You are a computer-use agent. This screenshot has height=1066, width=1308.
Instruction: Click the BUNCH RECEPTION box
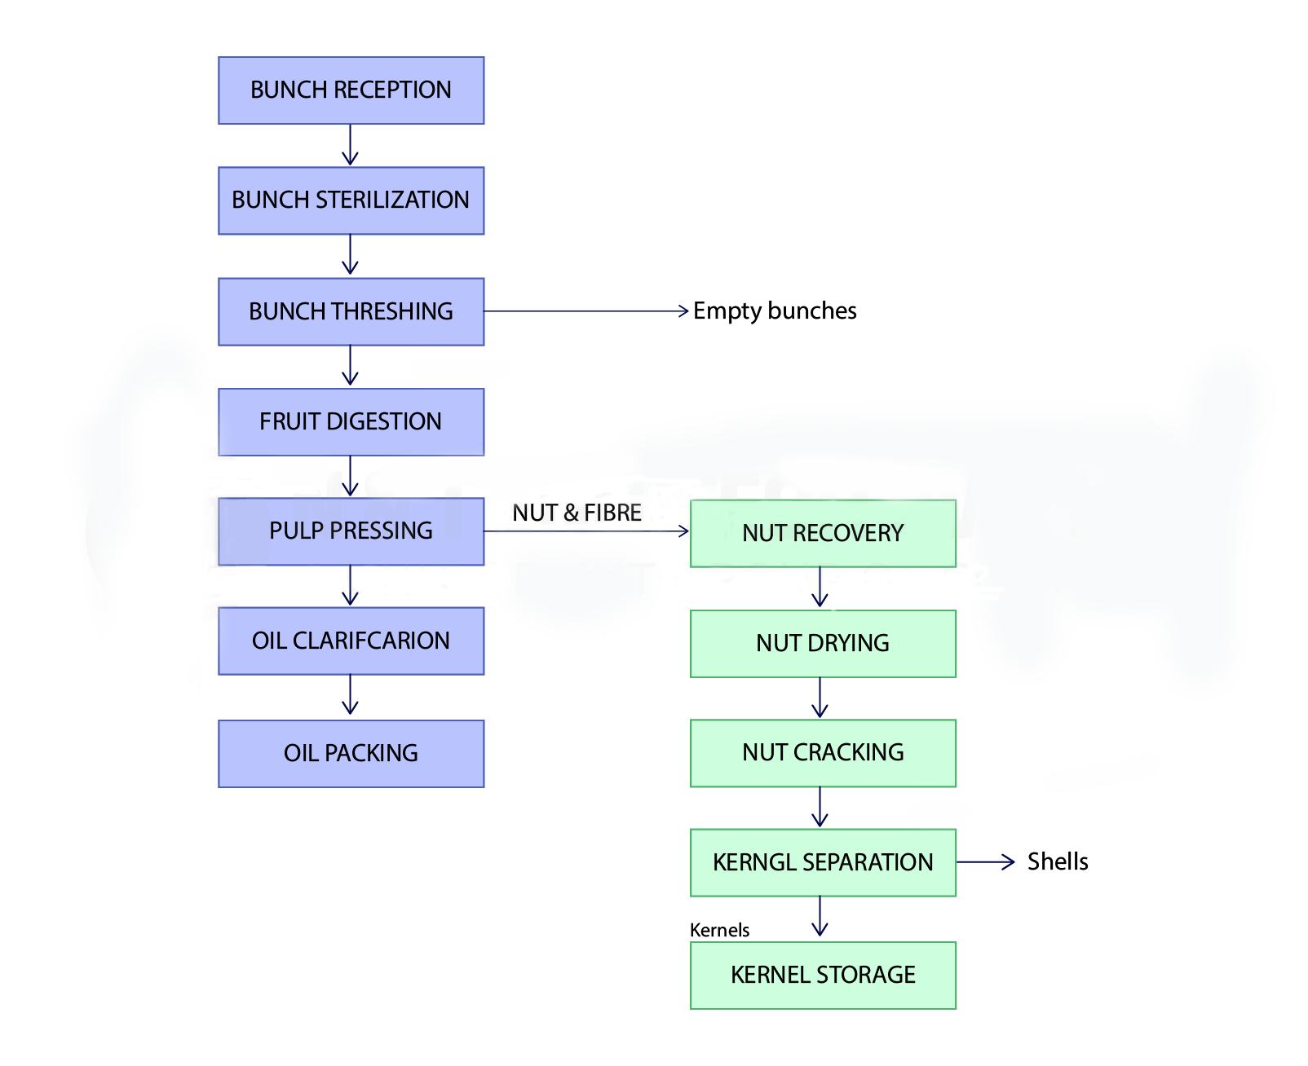pyautogui.click(x=351, y=90)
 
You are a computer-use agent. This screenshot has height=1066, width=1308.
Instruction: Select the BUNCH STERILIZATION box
pyautogui.click(x=351, y=200)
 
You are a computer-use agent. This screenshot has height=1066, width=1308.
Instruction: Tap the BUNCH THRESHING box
pyautogui.click(x=351, y=311)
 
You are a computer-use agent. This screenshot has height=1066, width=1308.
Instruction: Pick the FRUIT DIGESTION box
pyautogui.click(x=351, y=421)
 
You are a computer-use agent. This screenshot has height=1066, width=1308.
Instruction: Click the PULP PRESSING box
pyautogui.click(x=351, y=531)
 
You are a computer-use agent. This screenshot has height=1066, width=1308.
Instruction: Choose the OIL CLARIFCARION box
pyautogui.click(x=351, y=641)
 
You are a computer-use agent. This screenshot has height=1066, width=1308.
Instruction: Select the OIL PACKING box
pyautogui.click(x=351, y=753)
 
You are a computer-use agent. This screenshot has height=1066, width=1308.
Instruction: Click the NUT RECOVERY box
pyautogui.click(x=823, y=533)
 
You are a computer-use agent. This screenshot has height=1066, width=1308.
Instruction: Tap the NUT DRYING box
pyautogui.click(x=823, y=643)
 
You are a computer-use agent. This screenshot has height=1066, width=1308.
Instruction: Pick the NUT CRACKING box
pyautogui.click(x=823, y=752)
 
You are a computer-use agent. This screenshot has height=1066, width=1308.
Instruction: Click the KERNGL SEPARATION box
pyautogui.click(x=823, y=862)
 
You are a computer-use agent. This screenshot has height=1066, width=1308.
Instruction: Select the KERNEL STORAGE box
pyautogui.click(x=823, y=975)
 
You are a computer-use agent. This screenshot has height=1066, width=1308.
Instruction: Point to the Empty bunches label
pyautogui.click(x=775, y=311)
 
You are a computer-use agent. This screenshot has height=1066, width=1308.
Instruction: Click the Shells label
pyautogui.click(x=1058, y=861)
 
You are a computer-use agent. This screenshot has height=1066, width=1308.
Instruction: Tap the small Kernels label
pyautogui.click(x=719, y=930)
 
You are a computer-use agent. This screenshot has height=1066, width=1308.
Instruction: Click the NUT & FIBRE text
pyautogui.click(x=577, y=513)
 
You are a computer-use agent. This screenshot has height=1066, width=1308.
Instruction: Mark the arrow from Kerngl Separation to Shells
pyautogui.click(x=985, y=861)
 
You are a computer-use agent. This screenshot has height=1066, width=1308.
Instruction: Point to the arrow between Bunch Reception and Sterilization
pyautogui.click(x=351, y=145)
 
